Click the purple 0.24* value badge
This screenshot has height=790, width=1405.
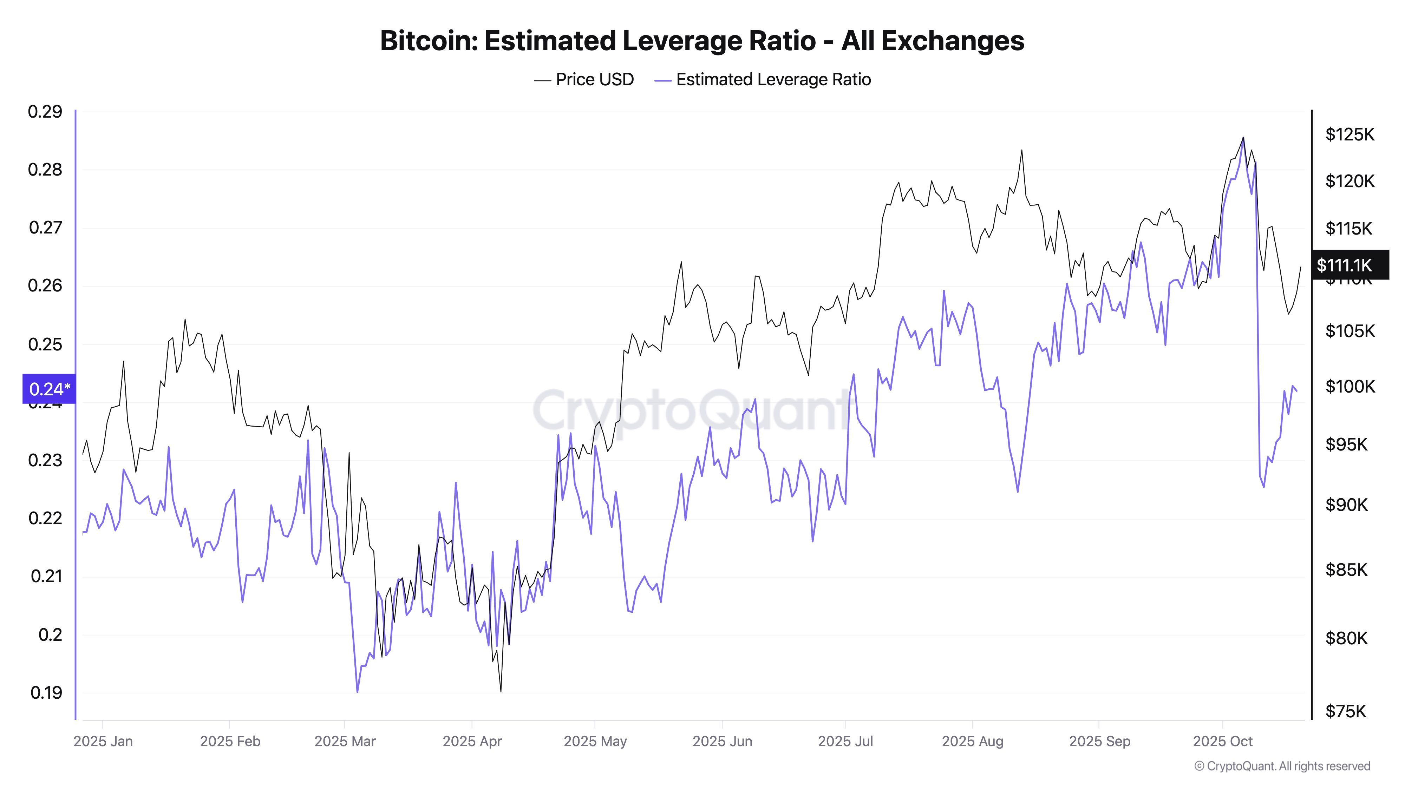[x=49, y=389]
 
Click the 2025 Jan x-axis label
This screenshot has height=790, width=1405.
[x=103, y=741]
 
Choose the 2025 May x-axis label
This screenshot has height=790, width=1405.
[x=595, y=741]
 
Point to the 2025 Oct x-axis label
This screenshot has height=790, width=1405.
[x=1222, y=741]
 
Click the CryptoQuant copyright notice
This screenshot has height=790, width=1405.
[x=1282, y=766]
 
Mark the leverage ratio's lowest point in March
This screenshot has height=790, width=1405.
[x=357, y=692]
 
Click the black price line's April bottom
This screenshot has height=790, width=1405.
[x=501, y=691]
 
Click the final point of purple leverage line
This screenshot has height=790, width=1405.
[x=1296, y=391]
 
